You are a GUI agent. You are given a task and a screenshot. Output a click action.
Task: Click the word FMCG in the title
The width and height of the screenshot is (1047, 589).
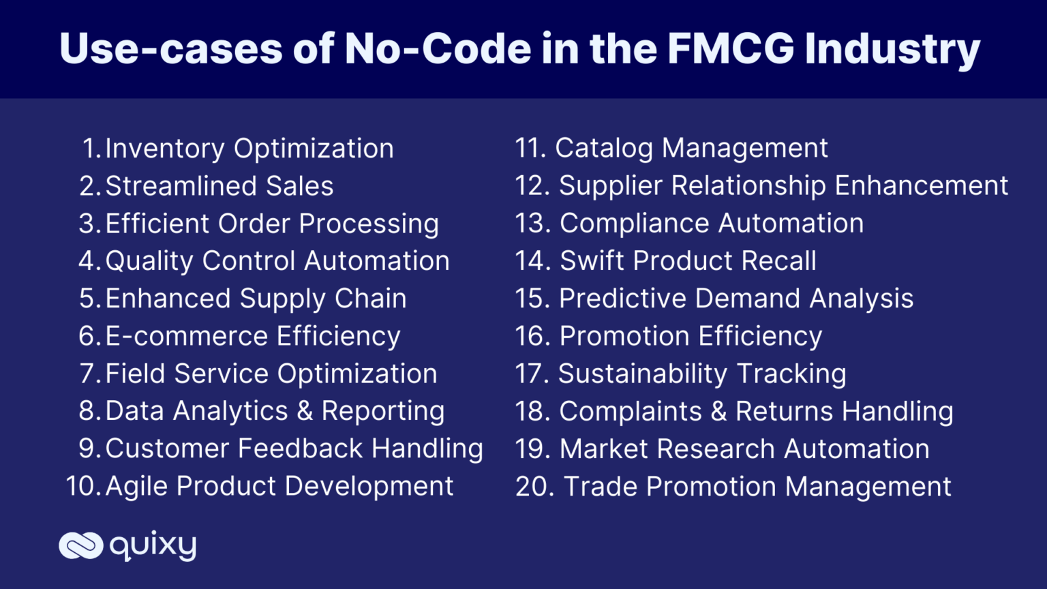click(x=731, y=49)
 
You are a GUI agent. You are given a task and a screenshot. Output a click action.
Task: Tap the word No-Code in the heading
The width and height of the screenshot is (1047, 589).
click(x=438, y=49)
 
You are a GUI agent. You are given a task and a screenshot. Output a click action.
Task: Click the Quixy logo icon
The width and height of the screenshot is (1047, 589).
click(x=80, y=545)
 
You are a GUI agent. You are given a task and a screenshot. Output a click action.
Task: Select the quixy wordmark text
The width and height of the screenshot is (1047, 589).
click(x=153, y=545)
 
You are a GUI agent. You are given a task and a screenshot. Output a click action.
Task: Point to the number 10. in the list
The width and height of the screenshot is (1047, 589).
click(x=83, y=486)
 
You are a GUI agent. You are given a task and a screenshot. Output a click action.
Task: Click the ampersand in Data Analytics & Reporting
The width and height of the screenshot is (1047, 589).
click(x=305, y=411)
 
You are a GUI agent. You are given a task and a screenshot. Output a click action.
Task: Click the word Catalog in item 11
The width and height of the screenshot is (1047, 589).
click(x=604, y=148)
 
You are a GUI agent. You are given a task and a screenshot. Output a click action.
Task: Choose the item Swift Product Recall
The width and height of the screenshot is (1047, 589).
click(x=687, y=260)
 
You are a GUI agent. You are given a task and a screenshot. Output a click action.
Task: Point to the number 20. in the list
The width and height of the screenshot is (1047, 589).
click(x=534, y=487)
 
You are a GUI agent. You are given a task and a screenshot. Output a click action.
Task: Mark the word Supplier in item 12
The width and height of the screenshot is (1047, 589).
click(x=610, y=185)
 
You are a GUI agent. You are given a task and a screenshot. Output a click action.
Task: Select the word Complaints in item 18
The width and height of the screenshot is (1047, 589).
click(x=630, y=411)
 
